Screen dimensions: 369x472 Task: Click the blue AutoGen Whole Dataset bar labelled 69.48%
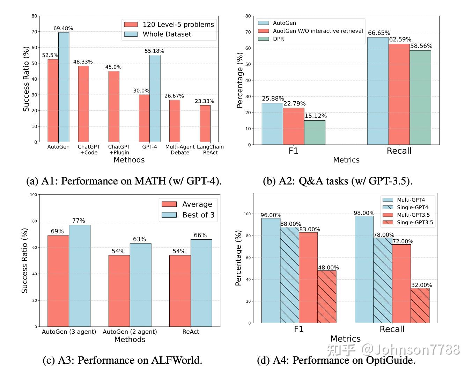pos(64,87)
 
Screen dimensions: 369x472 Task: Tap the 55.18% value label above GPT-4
pos(154,51)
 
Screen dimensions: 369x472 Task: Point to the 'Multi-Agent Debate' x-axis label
pos(180,150)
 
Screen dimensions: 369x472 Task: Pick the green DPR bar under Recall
pos(420,97)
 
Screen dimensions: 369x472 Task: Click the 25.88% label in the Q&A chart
pos(273,99)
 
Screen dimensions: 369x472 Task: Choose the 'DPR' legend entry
pos(278,39)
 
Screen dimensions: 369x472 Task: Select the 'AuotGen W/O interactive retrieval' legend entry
pos(318,31)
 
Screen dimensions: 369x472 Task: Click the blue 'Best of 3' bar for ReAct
pos(201,283)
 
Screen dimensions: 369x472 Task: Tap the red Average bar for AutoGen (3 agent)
pos(58,281)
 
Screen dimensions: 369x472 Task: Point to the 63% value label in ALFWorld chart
pos(139,239)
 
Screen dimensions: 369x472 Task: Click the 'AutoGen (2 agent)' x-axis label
pos(130,332)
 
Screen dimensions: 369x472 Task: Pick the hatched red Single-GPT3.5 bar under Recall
pos(420,305)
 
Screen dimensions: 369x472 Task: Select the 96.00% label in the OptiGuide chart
pos(271,215)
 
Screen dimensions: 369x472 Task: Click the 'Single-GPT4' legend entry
pos(412,207)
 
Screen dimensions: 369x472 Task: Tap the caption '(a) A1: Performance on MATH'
pos(124,181)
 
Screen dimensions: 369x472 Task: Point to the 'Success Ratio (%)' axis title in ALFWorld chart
pos(24,261)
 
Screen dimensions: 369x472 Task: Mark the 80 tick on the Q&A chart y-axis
pos(248,16)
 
